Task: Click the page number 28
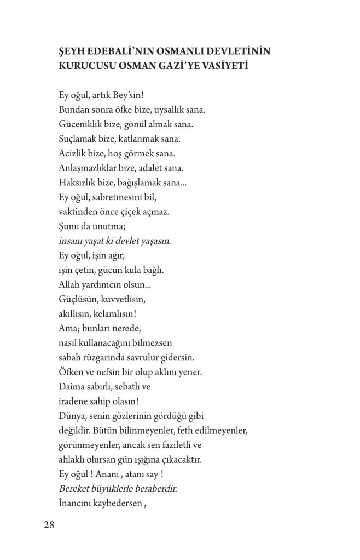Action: coord(49,525)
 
